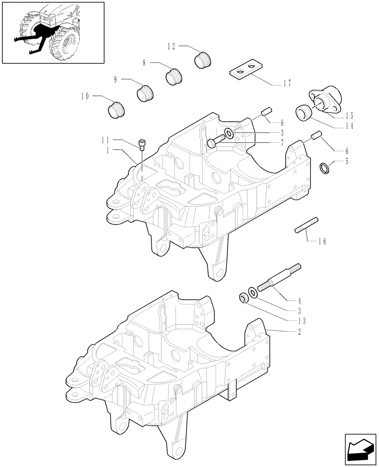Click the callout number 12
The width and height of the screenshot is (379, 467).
pos(171,46)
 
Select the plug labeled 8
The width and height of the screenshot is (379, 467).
pos(174,76)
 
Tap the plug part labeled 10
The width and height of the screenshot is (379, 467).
pos(116,111)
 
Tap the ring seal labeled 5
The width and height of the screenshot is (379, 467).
pos(325,167)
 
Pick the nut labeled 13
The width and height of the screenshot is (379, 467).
pos(243,297)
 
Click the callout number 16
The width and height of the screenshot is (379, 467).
pos(322,241)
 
